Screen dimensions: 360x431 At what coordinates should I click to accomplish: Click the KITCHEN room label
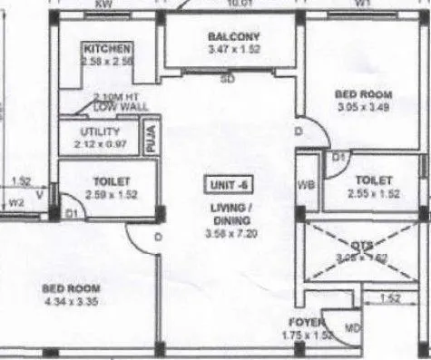[108, 48]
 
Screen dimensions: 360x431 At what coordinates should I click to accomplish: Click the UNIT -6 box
[228, 185]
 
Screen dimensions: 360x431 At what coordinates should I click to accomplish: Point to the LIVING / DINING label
[227, 214]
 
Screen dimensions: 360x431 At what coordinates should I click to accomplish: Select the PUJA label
[152, 138]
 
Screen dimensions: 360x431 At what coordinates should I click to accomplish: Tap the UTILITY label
[93, 131]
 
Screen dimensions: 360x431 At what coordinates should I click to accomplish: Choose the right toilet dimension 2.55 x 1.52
[373, 193]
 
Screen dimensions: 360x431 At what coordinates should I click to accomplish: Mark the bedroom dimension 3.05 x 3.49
[363, 107]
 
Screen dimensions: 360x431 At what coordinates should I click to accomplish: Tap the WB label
[306, 186]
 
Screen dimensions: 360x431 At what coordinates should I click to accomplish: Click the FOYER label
[301, 321]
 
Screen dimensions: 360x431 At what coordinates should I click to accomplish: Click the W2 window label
[15, 203]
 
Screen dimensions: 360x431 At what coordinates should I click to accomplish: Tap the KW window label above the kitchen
[106, 5]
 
